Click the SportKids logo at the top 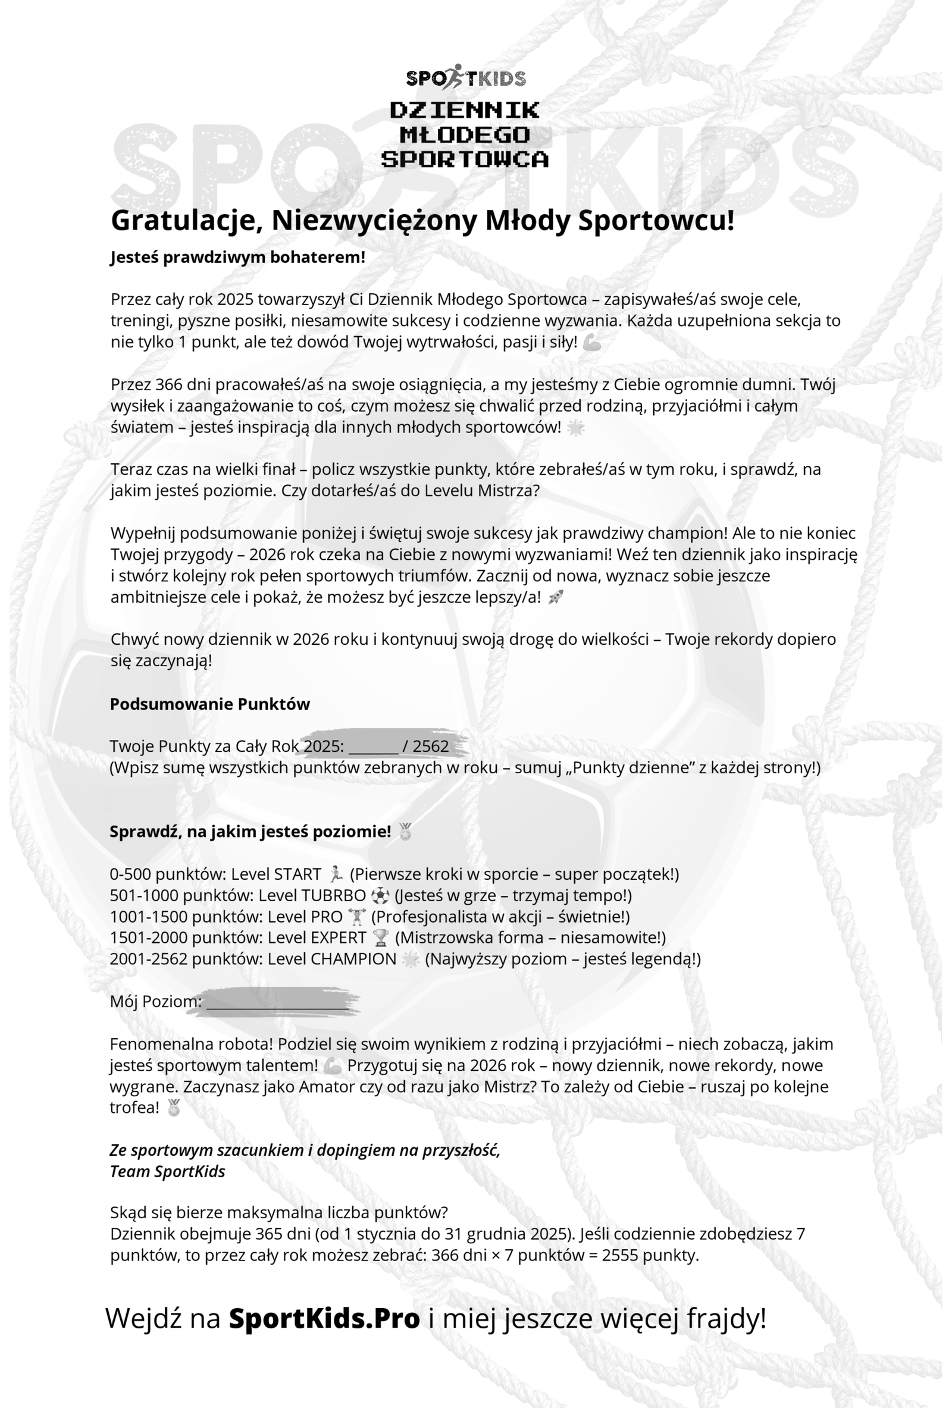click(465, 77)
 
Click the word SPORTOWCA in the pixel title click(465, 159)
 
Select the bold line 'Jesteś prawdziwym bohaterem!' click(237, 258)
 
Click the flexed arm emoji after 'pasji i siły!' click(592, 343)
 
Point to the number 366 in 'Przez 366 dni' click(168, 385)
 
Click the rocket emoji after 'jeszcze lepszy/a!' click(555, 597)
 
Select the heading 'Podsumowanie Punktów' click(209, 704)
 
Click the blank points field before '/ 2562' click(373, 747)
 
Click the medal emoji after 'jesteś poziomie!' click(405, 832)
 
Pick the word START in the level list click(297, 874)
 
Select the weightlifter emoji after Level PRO click(357, 917)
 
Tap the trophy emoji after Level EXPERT click(381, 938)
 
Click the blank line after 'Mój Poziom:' click(277, 1002)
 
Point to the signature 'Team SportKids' click(167, 1172)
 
